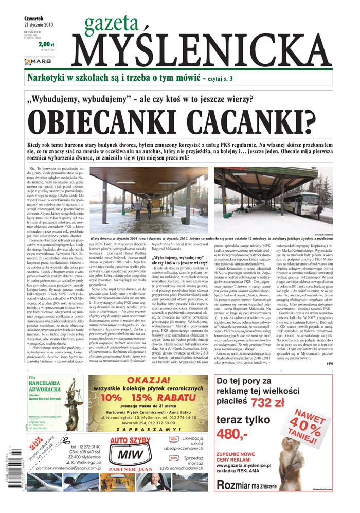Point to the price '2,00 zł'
pyautogui.click(x=46, y=44)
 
